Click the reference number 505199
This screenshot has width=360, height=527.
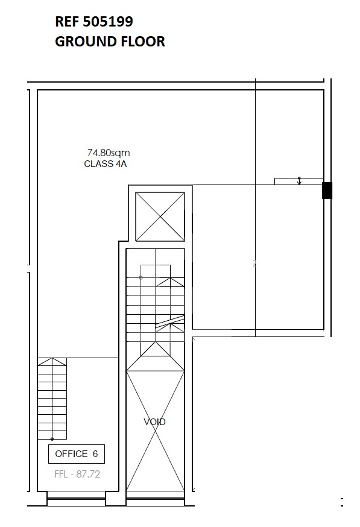(108, 22)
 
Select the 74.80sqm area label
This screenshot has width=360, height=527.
(108, 153)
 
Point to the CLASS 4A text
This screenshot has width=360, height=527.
(105, 164)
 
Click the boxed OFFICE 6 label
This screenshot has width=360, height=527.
(77, 454)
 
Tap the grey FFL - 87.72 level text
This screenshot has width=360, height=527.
(77, 474)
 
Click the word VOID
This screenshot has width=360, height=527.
(154, 422)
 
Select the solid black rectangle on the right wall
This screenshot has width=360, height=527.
(327, 191)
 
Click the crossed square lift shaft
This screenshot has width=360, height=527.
(160, 217)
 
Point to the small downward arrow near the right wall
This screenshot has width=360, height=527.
(299, 181)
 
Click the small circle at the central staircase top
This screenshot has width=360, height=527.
(141, 277)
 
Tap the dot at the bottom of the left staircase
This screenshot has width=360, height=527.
(52, 439)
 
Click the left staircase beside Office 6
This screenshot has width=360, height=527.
(52, 399)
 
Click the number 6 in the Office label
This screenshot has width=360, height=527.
(95, 454)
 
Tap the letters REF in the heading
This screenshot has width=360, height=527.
(67, 22)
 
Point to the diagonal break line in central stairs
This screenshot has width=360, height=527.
(169, 321)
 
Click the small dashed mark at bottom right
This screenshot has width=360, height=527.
(342, 502)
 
